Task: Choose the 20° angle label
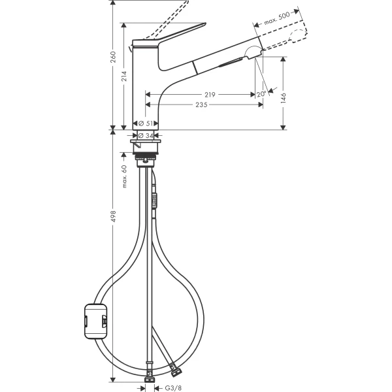tap(262, 94)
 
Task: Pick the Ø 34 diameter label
tap(146, 135)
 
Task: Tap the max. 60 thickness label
tap(124, 176)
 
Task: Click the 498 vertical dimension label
tap(114, 216)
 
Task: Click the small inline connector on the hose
tap(155, 199)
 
